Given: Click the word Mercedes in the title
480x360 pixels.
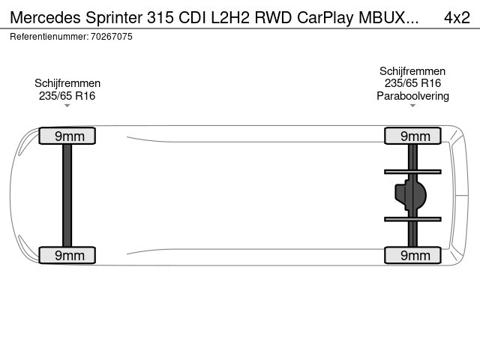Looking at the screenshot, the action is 45,18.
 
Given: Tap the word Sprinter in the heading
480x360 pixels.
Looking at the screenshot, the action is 114,18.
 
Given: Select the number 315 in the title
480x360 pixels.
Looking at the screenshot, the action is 160,18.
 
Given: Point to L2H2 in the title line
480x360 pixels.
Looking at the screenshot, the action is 230,18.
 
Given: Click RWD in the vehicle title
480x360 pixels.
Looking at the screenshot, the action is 273,18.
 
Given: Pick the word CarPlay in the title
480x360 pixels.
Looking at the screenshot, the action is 325,18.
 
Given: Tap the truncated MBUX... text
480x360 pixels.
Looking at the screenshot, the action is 388,18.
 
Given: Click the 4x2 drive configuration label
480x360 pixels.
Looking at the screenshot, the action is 457,18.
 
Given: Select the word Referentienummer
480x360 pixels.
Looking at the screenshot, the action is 49,37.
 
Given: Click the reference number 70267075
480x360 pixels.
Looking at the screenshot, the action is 112,37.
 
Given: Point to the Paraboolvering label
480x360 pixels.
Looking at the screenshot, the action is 412,96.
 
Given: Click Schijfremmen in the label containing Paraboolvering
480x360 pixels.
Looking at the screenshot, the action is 412,71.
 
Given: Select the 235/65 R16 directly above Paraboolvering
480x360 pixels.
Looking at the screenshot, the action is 412,83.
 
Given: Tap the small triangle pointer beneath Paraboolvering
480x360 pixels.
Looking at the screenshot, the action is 412,106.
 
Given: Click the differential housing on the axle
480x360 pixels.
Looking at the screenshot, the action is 410,195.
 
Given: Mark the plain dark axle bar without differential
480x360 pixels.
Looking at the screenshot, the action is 67,195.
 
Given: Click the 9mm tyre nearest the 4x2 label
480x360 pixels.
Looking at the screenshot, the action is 412,136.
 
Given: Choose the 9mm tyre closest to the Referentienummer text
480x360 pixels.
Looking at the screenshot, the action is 67,136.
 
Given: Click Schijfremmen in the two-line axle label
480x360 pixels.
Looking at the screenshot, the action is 67,83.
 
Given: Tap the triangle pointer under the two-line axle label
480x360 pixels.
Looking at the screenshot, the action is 67,106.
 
